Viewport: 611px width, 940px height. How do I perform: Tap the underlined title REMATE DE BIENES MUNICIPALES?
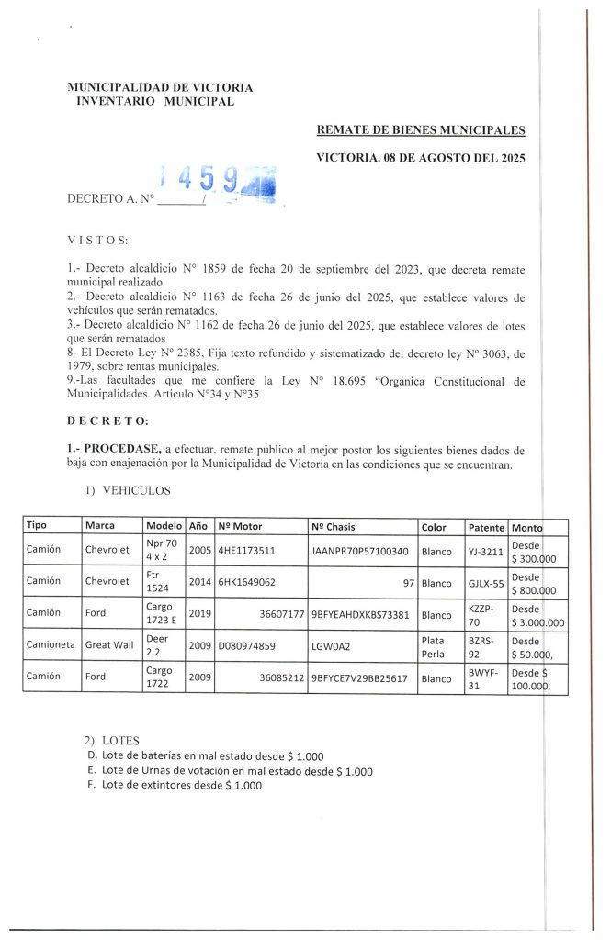pyautogui.click(x=421, y=131)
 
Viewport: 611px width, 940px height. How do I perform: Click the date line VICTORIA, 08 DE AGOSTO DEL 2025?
pyautogui.click(x=421, y=157)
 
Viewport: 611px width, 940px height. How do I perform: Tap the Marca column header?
pyautogui.click(x=99, y=527)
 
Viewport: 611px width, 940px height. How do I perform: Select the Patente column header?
pyautogui.click(x=486, y=527)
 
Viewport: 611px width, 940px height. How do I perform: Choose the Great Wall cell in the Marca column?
pyautogui.click(x=109, y=644)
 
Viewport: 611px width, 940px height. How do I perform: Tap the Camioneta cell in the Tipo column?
pyautogui.click(x=51, y=644)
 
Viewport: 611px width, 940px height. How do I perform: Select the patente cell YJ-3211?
pyautogui.click(x=484, y=552)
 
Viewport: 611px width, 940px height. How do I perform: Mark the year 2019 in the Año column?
pyautogui.click(x=199, y=612)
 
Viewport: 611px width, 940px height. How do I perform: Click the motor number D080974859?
pyautogui.click(x=249, y=644)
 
